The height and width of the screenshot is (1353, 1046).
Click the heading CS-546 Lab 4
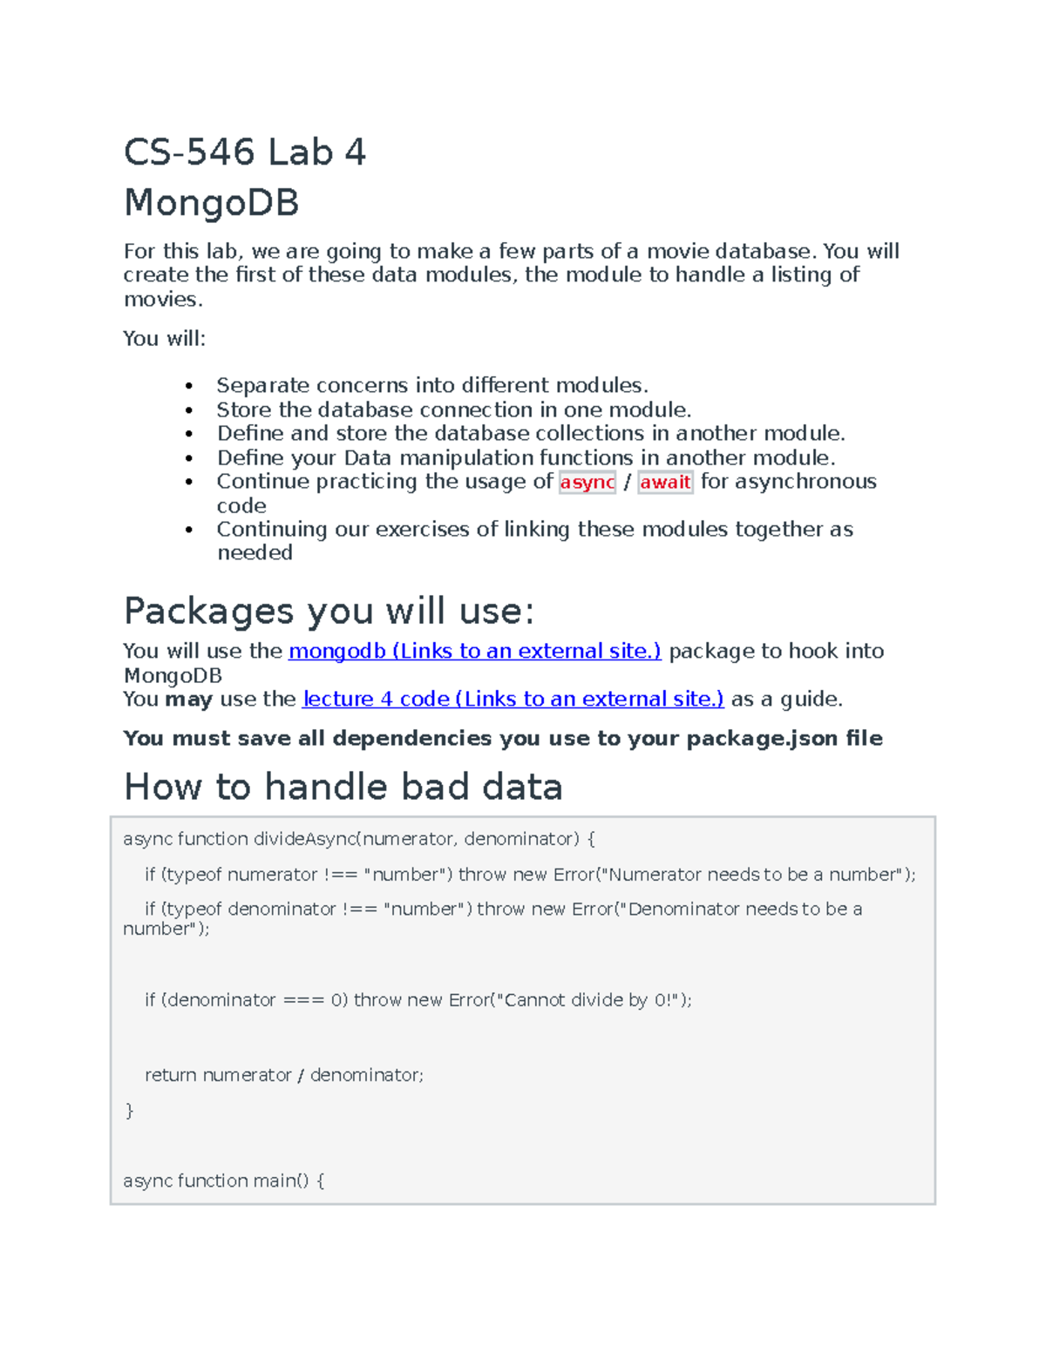pyautogui.click(x=244, y=152)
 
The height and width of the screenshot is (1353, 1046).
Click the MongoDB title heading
pyautogui.click(x=212, y=203)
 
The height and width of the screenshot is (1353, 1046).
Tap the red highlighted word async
pyautogui.click(x=587, y=482)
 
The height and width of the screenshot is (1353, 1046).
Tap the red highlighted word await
pyautogui.click(x=665, y=482)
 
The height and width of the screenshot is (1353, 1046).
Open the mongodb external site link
pyautogui.click(x=474, y=651)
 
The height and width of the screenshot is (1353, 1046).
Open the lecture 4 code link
pyautogui.click(x=513, y=699)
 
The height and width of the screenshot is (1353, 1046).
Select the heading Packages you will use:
pyautogui.click(x=329, y=611)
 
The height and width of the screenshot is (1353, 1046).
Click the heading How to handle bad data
pyautogui.click(x=343, y=787)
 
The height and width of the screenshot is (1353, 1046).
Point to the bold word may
pyautogui.click(x=188, y=699)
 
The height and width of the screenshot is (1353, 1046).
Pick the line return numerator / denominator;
pyautogui.click(x=283, y=1075)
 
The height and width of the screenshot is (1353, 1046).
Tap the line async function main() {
pyautogui.click(x=223, y=1180)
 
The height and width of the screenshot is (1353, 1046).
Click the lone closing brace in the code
pyautogui.click(x=130, y=1111)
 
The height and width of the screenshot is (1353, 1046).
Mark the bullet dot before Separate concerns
pyautogui.click(x=189, y=386)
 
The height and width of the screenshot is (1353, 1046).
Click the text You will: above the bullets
pyautogui.click(x=164, y=338)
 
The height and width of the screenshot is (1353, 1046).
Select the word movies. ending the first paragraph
pyautogui.click(x=163, y=299)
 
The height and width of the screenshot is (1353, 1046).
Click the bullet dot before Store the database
pyautogui.click(x=189, y=410)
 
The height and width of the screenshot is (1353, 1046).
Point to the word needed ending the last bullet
pyautogui.click(x=255, y=552)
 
